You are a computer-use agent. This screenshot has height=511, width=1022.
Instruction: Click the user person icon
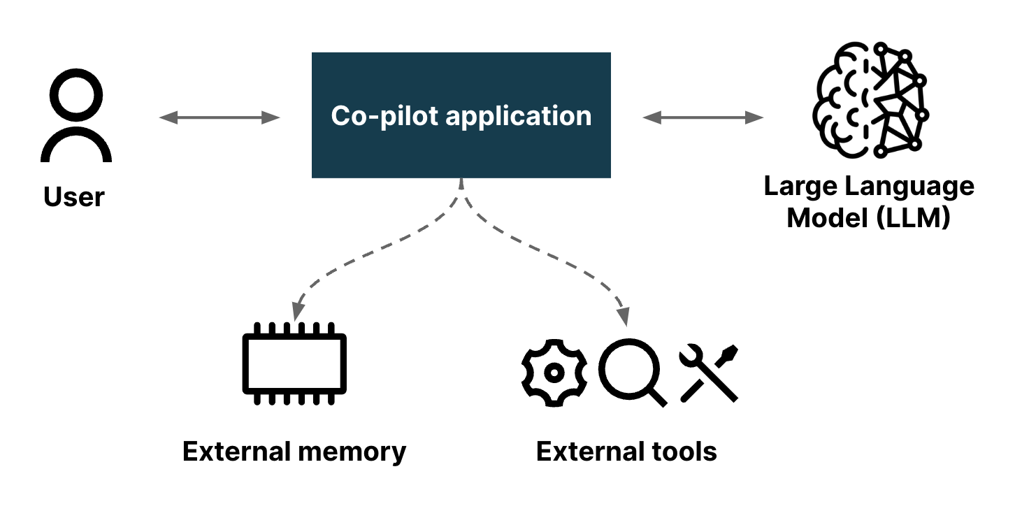pos(75,119)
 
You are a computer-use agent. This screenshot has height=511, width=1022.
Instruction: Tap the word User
pos(74,196)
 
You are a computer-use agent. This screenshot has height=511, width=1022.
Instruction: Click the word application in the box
pos(518,116)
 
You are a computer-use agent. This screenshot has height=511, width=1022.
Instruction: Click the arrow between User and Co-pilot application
pos(219,117)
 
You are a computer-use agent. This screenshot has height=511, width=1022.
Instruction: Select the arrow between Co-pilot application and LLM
pos(703,117)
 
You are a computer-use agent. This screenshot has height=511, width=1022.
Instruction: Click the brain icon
pos(870,99)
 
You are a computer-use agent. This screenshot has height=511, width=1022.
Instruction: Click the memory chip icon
pos(294,364)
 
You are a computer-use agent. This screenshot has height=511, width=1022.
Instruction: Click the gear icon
pos(554,373)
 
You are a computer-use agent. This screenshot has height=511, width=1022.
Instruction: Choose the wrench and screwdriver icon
pos(709,373)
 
